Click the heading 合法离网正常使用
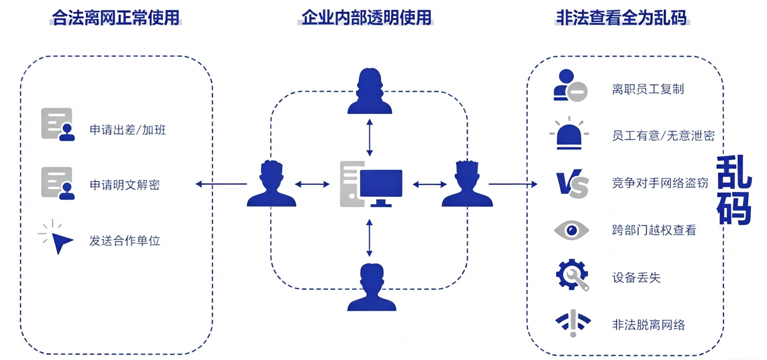pyautogui.click(x=116, y=18)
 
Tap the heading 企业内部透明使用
pyautogui.click(x=366, y=18)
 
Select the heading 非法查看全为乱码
pyautogui.click(x=622, y=18)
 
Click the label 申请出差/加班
pyautogui.click(x=128, y=130)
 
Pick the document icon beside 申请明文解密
pyautogui.click(x=58, y=183)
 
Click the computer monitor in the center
pyautogui.click(x=381, y=188)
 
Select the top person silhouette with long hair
pyautogui.click(x=369, y=91)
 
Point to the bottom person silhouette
pyautogui.click(x=371, y=287)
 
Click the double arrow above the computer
pyautogui.click(x=369, y=137)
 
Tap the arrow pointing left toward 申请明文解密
pyautogui.click(x=221, y=184)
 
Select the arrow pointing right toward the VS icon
pyautogui.click(x=513, y=184)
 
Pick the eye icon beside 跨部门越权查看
pyautogui.click(x=571, y=230)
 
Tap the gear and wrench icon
pyautogui.click(x=572, y=275)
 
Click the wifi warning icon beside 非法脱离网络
pyautogui.click(x=573, y=323)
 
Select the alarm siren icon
pyautogui.click(x=569, y=133)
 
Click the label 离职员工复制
pyautogui.click(x=648, y=89)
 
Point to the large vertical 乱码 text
pyautogui.click(x=733, y=190)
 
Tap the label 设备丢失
pyautogui.click(x=636, y=277)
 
